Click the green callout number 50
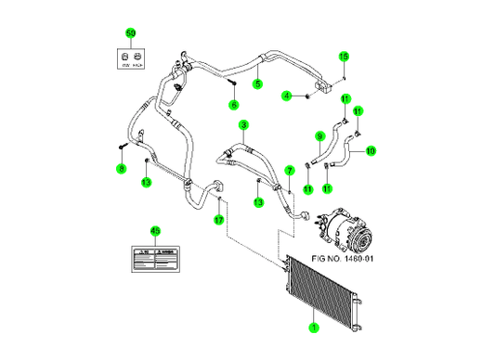point(130,33)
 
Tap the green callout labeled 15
point(343,57)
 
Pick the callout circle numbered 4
point(287,96)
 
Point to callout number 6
point(233,105)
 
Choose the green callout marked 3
point(243,124)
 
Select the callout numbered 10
point(370,150)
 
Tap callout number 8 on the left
point(121,168)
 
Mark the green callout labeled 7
point(290,171)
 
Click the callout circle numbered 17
point(219,220)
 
